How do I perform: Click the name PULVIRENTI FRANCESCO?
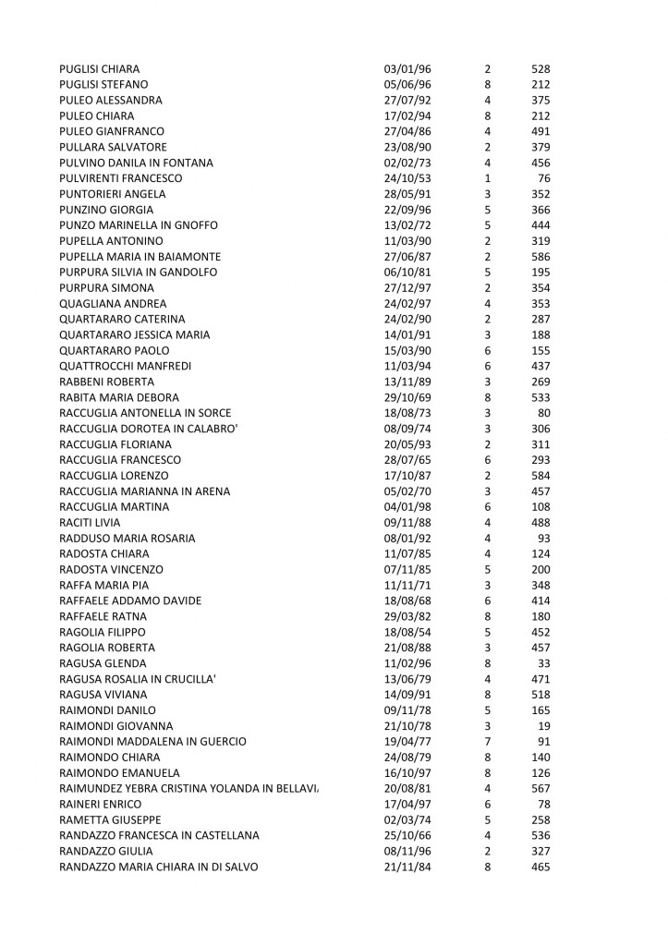click(x=121, y=178)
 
